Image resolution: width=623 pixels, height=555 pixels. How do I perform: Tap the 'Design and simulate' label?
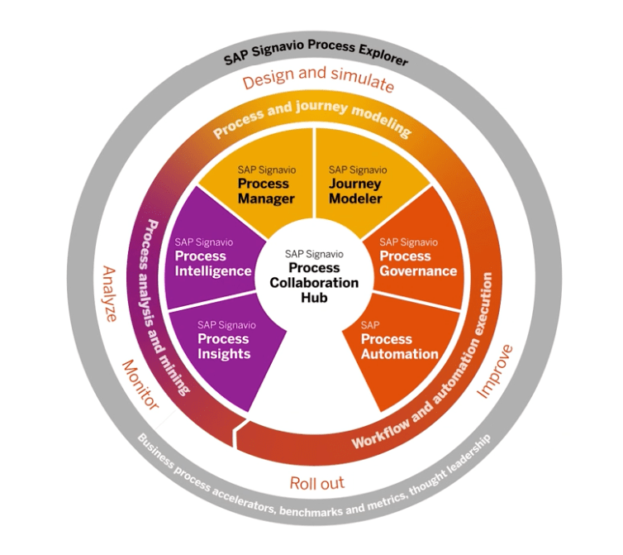pyautogui.click(x=318, y=83)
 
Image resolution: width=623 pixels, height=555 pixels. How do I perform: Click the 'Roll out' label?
pyautogui.click(x=316, y=483)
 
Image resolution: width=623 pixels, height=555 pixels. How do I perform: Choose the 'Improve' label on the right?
pyautogui.click(x=497, y=371)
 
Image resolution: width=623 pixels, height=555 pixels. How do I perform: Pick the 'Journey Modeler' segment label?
pyautogui.click(x=355, y=191)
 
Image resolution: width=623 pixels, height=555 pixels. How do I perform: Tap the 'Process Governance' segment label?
pyautogui.click(x=418, y=264)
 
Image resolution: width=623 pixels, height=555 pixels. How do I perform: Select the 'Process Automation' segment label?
pyautogui.click(x=399, y=347)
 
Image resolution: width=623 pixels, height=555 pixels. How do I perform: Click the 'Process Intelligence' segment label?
pyautogui.click(x=212, y=263)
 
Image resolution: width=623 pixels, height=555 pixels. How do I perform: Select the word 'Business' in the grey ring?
pyautogui.click(x=154, y=447)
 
